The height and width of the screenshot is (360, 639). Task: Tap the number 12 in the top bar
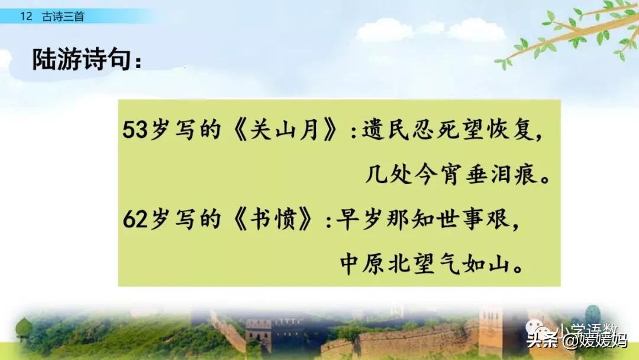(25, 17)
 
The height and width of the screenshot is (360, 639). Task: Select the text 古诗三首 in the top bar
(63, 17)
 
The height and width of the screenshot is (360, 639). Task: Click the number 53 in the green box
(134, 131)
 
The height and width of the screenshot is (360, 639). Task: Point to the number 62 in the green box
(134, 220)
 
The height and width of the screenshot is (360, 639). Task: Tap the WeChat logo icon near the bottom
(543, 329)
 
